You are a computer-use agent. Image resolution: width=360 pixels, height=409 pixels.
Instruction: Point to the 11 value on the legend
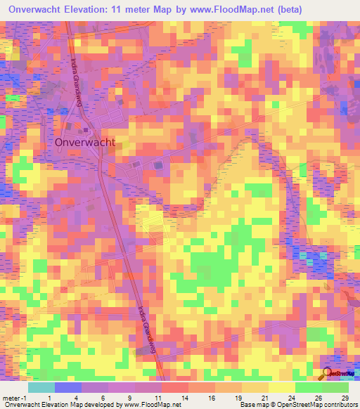pos(162,396)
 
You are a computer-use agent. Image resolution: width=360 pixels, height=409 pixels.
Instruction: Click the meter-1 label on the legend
pos(14,396)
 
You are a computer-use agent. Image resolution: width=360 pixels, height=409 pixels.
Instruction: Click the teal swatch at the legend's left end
pos(41,387)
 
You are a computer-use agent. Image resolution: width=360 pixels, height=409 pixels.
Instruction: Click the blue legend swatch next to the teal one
pos(68,387)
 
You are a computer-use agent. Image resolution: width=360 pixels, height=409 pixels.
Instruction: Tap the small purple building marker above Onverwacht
pos(86,129)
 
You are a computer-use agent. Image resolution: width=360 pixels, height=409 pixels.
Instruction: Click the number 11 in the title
pos(136,9)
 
